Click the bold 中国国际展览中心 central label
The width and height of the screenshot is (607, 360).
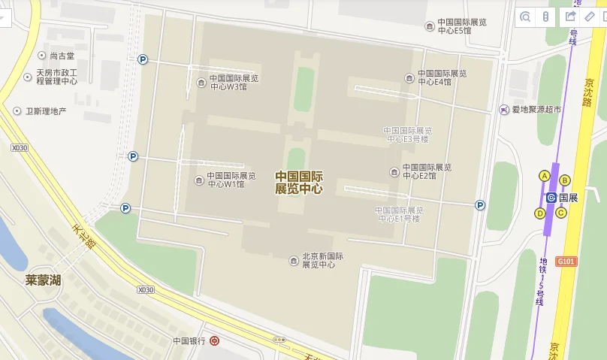click(299, 182)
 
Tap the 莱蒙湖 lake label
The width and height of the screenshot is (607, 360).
click(43, 280)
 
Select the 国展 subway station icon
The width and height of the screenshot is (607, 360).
click(551, 198)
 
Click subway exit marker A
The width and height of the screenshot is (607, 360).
click(545, 176)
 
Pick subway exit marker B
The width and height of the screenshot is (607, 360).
click(565, 180)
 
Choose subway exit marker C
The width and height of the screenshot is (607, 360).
click(560, 212)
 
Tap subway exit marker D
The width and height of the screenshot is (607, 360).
click(539, 213)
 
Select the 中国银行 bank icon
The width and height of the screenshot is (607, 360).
click(215, 340)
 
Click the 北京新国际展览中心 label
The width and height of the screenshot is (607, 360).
click(322, 260)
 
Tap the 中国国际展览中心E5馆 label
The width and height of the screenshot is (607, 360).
click(458, 26)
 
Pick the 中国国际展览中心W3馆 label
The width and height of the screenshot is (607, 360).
click(233, 82)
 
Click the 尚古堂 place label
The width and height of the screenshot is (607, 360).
click(62, 56)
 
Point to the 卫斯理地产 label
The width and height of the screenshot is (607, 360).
click(46, 110)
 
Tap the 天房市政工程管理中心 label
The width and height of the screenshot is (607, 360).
click(56, 77)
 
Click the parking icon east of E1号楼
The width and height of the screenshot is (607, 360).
click(480, 204)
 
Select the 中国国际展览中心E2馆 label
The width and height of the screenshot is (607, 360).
click(426, 171)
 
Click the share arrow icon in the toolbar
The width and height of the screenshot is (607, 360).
click(570, 17)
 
